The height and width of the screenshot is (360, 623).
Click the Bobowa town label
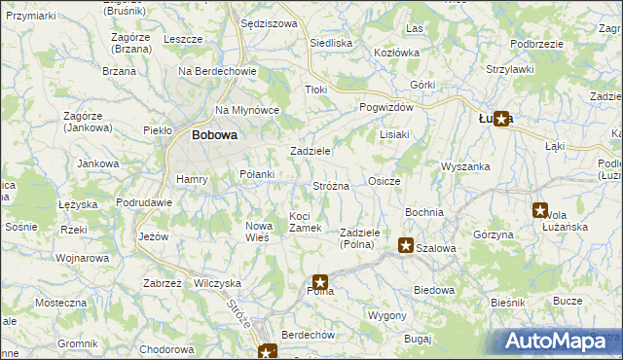pyautogui.click(x=214, y=135)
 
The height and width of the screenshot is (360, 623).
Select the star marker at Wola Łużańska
pyautogui.click(x=539, y=209)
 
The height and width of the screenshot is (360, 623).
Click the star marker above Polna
pyautogui.click(x=319, y=282)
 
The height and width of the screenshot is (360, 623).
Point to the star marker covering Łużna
pyautogui.click(x=500, y=119)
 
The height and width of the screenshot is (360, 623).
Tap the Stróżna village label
pyautogui.click(x=330, y=185)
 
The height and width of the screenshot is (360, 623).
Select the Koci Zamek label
pyautogui.click(x=306, y=221)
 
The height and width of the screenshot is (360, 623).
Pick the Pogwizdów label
pyautogui.click(x=386, y=107)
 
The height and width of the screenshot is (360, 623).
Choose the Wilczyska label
pyautogui.click(x=217, y=283)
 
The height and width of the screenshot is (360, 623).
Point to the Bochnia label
pyautogui.click(x=423, y=211)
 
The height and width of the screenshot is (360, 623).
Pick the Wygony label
pyautogui.click(x=386, y=316)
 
